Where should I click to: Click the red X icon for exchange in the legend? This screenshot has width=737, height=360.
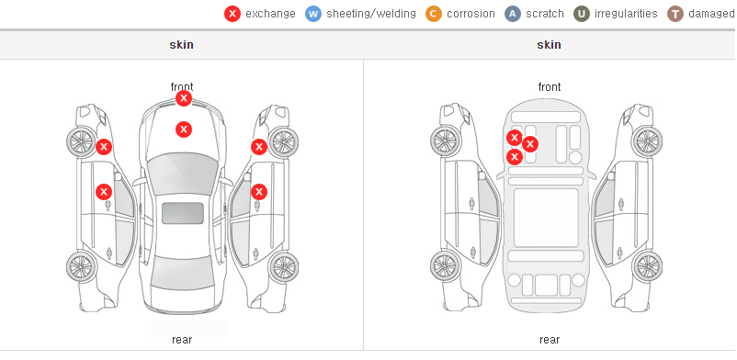(232, 14)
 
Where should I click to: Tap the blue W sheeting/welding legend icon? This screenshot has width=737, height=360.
(313, 14)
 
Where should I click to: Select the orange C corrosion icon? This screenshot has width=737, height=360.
(434, 14)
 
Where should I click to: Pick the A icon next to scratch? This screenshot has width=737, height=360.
(513, 14)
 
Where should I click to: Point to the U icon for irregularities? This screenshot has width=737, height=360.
(582, 14)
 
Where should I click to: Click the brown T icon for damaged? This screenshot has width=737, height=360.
(675, 14)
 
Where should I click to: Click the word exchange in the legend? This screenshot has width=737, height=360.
(270, 14)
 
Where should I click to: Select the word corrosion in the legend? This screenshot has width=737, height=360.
(471, 14)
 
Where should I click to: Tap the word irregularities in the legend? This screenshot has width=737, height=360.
(626, 14)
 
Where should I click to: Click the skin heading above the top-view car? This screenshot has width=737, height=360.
(181, 45)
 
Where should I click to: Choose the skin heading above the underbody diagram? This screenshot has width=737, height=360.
(549, 45)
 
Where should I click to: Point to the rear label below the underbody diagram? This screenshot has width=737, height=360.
(550, 339)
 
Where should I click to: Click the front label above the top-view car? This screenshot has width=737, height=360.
(182, 87)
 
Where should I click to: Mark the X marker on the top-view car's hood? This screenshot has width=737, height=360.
(184, 129)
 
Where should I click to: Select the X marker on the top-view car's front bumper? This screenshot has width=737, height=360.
(184, 98)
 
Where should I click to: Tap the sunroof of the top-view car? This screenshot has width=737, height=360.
(183, 213)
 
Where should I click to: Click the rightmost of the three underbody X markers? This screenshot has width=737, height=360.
(530, 144)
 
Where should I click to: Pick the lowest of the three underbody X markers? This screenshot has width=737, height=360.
(515, 156)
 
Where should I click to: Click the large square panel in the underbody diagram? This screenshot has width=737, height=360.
(546, 218)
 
